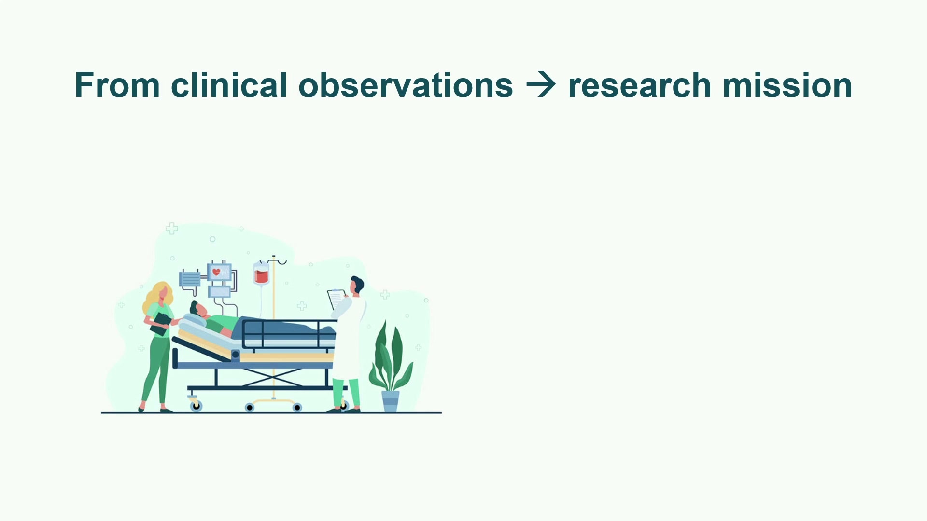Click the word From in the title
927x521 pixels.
pyautogui.click(x=117, y=85)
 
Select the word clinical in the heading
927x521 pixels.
pyautogui.click(x=229, y=85)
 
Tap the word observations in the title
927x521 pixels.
pyautogui.click(x=406, y=85)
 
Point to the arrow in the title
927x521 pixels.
pyautogui.click(x=541, y=85)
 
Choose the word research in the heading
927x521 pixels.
pyautogui.click(x=640, y=85)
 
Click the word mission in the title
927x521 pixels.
pyautogui.click(x=787, y=85)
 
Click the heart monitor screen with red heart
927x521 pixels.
pyautogui.click(x=219, y=273)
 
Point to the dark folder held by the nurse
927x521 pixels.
pyautogui.click(x=160, y=324)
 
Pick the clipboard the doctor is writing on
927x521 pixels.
pyautogui.click(x=337, y=299)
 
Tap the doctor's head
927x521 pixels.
pyautogui.click(x=357, y=285)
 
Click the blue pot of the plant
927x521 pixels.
pyautogui.click(x=391, y=401)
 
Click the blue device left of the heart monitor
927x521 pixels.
pyautogui.click(x=190, y=279)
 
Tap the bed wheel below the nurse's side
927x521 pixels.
pyautogui.click(x=196, y=406)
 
